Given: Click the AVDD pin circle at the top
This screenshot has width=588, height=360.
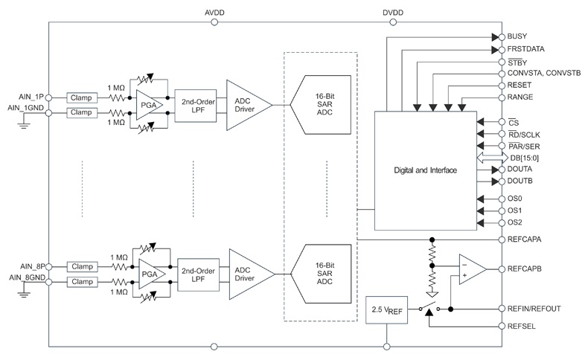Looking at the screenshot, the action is point(214,22).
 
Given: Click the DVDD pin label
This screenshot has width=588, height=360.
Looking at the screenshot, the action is point(393,13).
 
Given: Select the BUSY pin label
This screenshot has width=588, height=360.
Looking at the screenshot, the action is point(517,36).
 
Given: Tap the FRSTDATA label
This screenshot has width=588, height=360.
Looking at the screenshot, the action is point(525,49).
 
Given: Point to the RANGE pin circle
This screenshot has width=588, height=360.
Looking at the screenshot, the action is point(502,97).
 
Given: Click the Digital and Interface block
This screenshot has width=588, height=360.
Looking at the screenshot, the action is point(426,171).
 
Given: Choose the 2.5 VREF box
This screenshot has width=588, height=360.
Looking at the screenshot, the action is point(386,310).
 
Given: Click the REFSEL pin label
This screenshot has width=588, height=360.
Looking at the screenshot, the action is point(521,327).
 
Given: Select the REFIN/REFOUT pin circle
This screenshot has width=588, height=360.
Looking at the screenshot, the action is point(502,309).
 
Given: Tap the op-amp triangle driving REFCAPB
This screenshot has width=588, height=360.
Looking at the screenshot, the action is point(471,269).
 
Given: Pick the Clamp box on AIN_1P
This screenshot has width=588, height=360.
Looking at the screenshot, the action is point(82,97).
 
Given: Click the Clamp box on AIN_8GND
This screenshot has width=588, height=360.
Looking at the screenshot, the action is point(83,282).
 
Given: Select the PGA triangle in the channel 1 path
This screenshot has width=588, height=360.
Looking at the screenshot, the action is point(148,105).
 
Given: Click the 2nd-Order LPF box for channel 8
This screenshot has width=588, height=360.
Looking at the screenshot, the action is point(199,274).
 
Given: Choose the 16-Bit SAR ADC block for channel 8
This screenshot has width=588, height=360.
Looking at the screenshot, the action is point(322,274).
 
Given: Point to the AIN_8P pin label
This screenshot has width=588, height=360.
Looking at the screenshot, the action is point(33,267).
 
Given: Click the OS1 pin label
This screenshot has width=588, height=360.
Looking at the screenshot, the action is point(514,210).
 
